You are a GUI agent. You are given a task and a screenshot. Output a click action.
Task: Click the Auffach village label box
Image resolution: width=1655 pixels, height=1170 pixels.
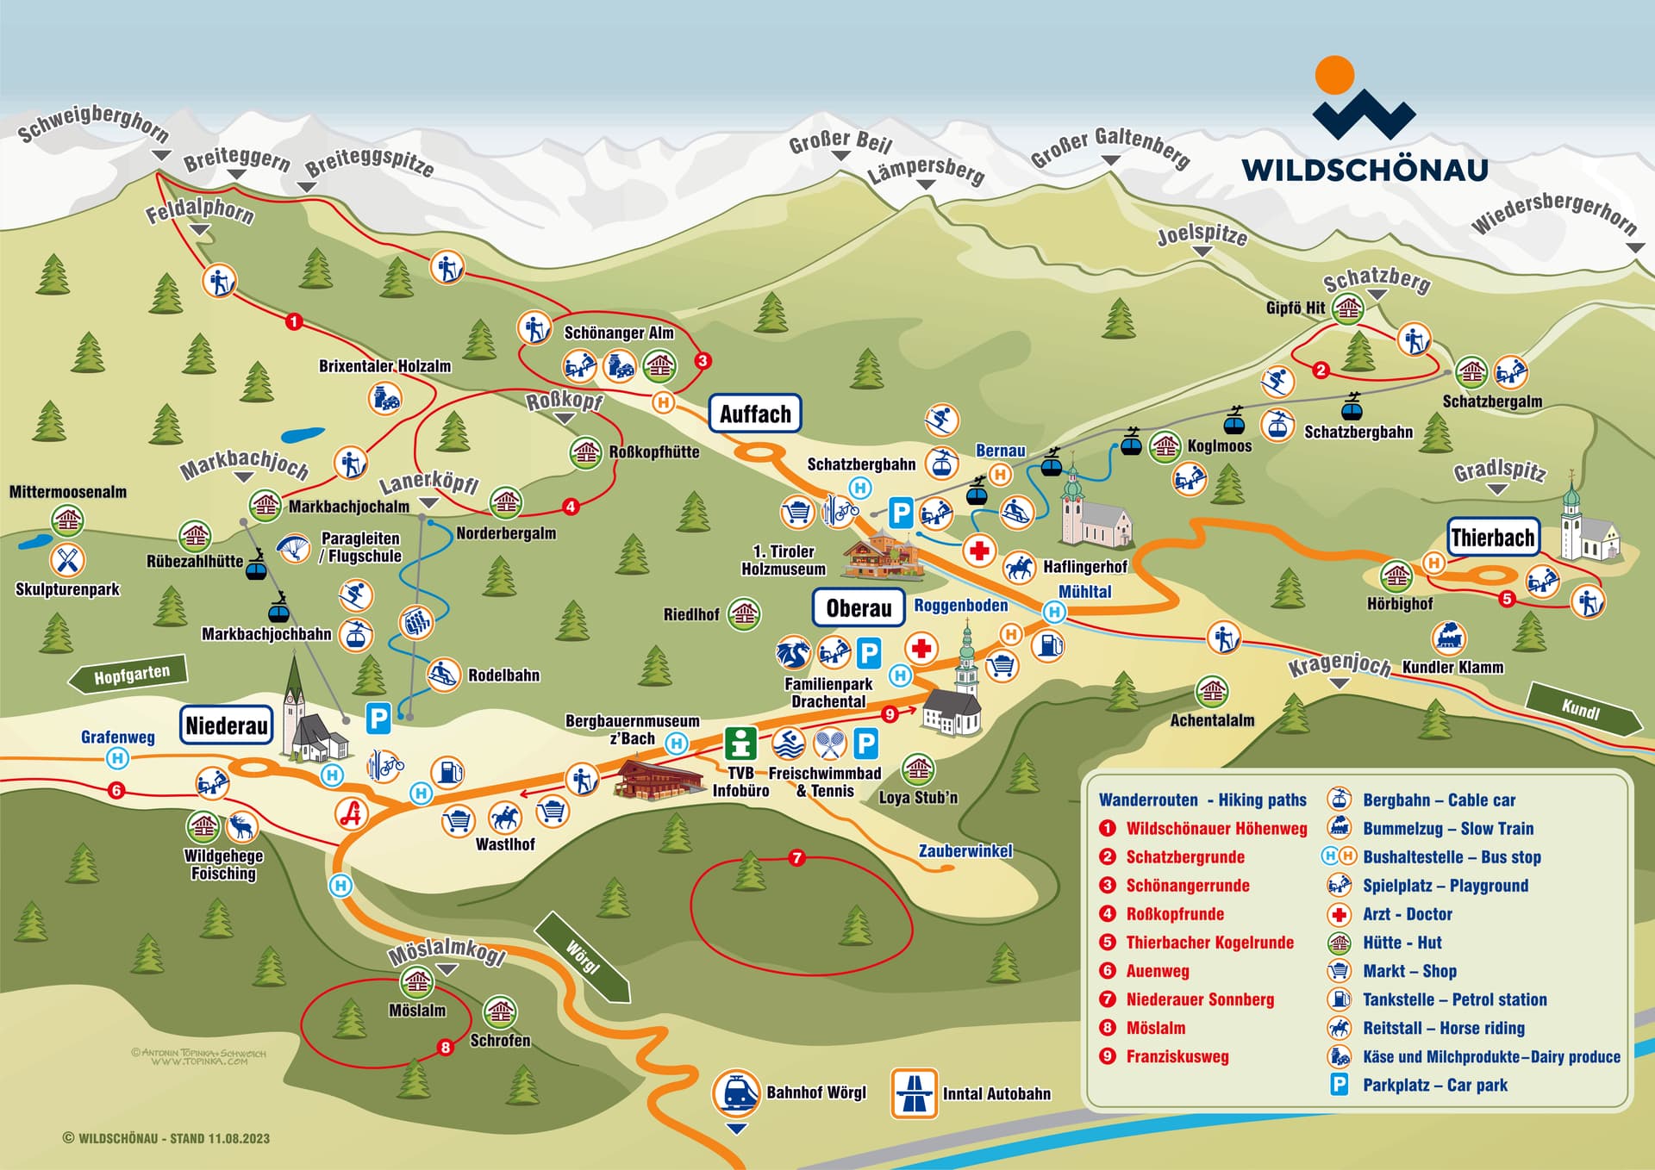coord(755,414)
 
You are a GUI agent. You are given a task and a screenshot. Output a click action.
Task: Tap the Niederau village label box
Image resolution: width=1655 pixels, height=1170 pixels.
coord(227,725)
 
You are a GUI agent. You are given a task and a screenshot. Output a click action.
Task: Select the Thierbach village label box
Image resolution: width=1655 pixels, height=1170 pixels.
coord(1492,538)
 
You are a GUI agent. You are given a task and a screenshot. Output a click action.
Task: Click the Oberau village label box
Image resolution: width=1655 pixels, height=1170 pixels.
coord(859,607)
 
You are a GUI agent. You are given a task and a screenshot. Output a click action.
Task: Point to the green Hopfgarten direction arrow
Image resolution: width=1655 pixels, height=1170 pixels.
coord(129,675)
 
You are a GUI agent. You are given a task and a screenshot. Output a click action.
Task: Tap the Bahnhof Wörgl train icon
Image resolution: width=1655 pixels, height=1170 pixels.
coord(736,1093)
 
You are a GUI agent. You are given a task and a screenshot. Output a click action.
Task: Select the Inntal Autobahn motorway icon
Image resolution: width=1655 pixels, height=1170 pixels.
coord(914,1093)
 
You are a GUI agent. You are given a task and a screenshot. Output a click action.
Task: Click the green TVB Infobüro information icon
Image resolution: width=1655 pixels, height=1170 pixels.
coord(740,744)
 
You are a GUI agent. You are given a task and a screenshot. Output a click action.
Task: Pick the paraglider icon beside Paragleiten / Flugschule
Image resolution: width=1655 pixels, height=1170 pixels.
coord(293,547)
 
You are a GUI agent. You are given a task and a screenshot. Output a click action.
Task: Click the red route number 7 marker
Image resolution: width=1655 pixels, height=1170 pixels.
coord(796,857)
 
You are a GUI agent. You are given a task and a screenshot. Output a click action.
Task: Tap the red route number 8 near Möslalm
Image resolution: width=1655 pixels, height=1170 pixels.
coord(445,1048)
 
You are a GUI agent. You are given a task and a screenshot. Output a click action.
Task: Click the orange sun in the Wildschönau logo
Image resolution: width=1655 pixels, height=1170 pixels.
coord(1334,75)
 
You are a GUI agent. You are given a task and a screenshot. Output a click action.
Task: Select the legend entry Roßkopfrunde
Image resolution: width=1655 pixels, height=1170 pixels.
coord(1174,914)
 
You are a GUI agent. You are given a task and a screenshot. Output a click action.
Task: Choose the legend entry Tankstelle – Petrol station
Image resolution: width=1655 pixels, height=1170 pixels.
coord(1454,999)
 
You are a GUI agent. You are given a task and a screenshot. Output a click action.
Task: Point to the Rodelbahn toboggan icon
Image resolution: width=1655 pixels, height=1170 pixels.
coord(443,675)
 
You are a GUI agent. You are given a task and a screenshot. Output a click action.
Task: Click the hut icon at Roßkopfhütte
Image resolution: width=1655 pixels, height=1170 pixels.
coord(586,451)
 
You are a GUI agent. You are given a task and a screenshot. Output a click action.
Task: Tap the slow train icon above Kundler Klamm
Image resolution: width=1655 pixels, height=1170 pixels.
coord(1448,638)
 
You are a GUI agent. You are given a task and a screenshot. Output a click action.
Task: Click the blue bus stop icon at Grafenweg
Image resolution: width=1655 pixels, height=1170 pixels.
coord(118,758)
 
